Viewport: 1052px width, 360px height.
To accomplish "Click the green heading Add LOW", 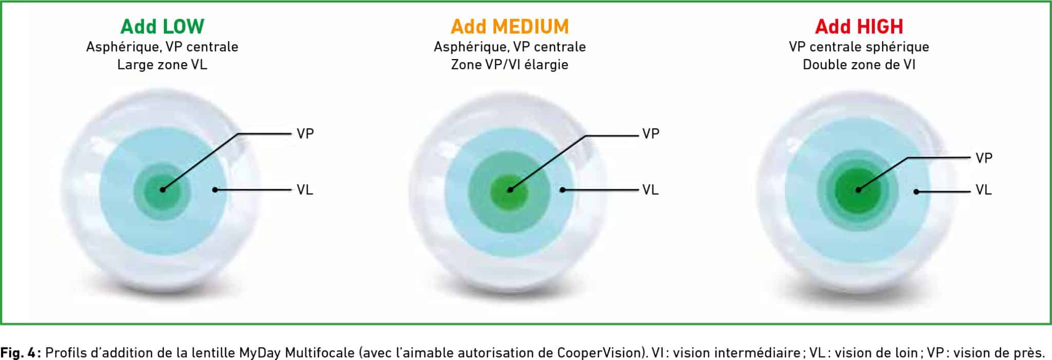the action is click(162, 26).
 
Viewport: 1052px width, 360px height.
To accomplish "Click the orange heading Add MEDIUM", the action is click(510, 26).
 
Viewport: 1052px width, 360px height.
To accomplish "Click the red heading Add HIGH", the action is click(859, 26).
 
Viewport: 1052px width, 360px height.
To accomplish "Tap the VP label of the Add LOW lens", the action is click(305, 134).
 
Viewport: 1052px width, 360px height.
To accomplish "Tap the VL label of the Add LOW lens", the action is click(305, 190).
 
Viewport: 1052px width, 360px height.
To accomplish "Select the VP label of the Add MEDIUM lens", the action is click(651, 134).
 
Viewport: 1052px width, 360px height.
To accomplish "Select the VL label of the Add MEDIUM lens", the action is click(650, 190).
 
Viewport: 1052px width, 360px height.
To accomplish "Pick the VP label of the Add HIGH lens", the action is click(984, 158).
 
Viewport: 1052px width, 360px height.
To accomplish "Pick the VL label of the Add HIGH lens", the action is click(984, 190).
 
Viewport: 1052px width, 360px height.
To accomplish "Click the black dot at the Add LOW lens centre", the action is click(162, 190).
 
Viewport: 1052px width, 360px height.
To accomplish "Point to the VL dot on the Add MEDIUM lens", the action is click(562, 190).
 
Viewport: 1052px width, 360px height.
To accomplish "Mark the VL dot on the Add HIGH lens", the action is click(916, 192).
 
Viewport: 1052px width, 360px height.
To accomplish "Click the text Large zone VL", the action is click(162, 65).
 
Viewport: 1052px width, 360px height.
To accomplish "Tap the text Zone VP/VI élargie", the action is click(510, 65).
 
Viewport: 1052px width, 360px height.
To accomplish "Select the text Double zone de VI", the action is click(859, 65).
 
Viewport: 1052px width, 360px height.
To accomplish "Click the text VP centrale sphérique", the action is click(859, 47).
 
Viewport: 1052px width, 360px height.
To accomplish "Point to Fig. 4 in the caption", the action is click(20, 353).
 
